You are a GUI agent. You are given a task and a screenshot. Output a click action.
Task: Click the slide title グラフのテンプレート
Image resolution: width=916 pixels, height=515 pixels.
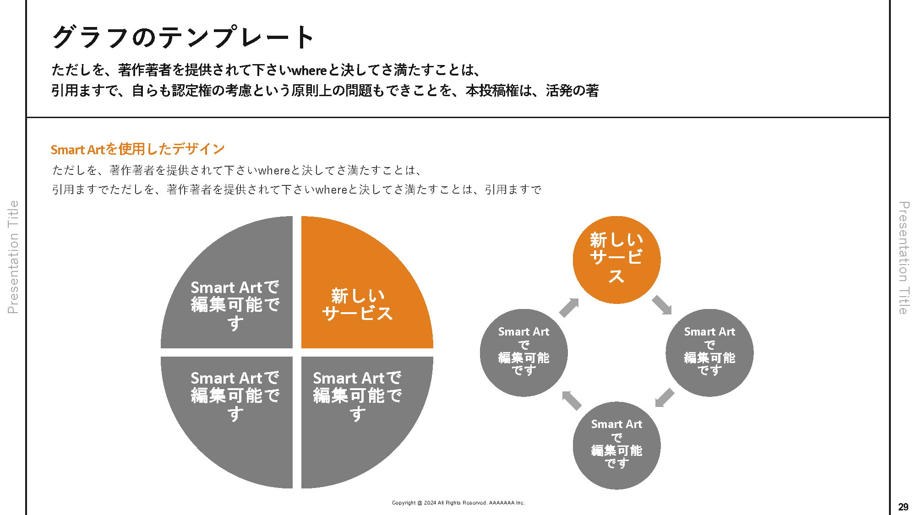[183, 37]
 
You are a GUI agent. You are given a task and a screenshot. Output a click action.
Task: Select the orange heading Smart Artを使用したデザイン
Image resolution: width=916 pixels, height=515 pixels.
[137, 149]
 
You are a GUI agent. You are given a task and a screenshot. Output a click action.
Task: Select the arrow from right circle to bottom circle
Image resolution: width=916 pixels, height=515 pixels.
[664, 397]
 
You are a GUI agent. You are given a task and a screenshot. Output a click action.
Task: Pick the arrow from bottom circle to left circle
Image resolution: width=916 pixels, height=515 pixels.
[571, 400]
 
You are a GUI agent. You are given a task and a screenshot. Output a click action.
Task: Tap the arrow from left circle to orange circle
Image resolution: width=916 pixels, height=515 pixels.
[569, 307]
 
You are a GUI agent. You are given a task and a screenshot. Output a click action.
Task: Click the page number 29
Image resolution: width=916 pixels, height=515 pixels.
[903, 507]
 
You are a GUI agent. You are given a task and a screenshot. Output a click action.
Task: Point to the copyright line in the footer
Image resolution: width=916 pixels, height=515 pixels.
[458, 503]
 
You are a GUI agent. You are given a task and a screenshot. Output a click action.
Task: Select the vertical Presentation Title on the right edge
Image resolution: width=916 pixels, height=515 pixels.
[903, 258]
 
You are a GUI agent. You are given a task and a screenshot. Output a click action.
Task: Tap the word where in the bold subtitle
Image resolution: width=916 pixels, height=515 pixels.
[309, 70]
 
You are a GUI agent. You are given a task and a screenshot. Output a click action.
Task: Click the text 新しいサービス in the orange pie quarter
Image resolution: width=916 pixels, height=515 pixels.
[357, 304]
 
